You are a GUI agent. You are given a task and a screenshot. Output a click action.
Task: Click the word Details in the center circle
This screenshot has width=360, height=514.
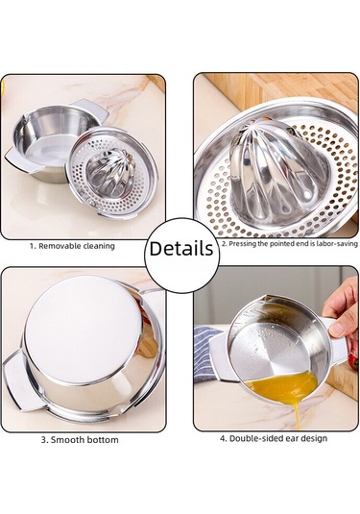[181, 249]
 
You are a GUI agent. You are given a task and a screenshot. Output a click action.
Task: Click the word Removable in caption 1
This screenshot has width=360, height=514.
[60, 246]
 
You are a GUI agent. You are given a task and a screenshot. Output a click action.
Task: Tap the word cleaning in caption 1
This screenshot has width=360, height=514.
[99, 246]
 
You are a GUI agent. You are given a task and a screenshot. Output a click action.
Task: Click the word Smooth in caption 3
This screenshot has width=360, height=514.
[67, 440]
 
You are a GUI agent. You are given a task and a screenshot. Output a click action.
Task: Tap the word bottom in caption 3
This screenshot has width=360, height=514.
[102, 440]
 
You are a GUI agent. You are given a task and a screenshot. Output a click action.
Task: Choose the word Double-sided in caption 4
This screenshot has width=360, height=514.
[255, 438]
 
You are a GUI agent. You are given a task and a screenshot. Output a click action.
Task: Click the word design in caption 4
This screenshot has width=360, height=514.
[313, 439]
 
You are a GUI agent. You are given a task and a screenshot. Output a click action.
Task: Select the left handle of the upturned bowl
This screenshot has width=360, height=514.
[17, 381]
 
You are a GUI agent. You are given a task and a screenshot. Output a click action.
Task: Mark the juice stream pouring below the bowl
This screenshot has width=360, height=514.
[297, 413]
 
